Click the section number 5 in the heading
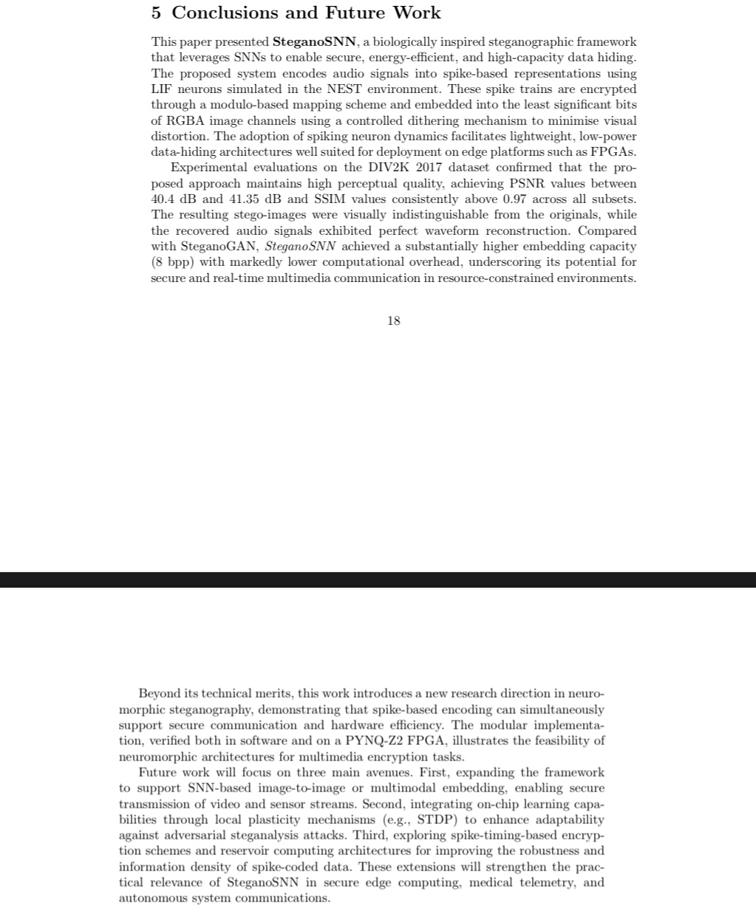tap(157, 13)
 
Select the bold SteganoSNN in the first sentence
tap(314, 42)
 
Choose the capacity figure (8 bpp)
tap(174, 262)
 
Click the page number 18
tap(393, 321)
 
